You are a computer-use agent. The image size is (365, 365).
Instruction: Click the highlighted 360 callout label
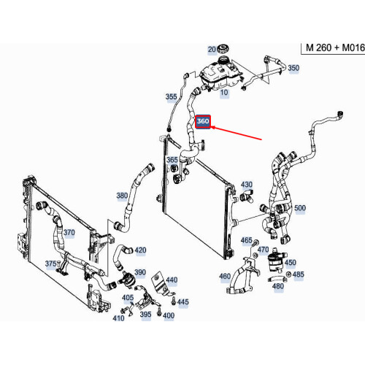[x=203, y=121]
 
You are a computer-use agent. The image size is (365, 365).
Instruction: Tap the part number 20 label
[x=212, y=50]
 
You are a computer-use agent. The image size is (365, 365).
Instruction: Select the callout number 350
[x=293, y=68]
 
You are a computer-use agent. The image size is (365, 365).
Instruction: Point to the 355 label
[x=171, y=96]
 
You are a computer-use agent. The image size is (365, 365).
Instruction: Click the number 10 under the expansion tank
[x=224, y=93]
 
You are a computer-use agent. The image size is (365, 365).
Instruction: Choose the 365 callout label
[x=172, y=160]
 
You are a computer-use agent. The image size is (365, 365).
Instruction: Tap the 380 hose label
[x=122, y=196]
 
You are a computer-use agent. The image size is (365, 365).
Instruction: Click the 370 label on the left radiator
[x=69, y=232]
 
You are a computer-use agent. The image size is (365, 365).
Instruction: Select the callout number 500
[x=300, y=208]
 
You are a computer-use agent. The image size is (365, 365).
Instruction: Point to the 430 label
[x=247, y=185]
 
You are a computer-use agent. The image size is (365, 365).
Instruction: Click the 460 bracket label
[x=225, y=277]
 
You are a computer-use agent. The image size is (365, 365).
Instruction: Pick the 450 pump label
[x=291, y=263]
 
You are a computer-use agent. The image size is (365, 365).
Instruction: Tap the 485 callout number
[x=299, y=274]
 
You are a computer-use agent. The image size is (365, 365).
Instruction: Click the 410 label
[x=118, y=318]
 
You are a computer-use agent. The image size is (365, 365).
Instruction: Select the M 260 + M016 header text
[x=335, y=47]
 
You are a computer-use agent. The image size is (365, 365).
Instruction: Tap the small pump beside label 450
[x=276, y=261]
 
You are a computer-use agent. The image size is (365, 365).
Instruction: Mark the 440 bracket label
[x=172, y=280]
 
